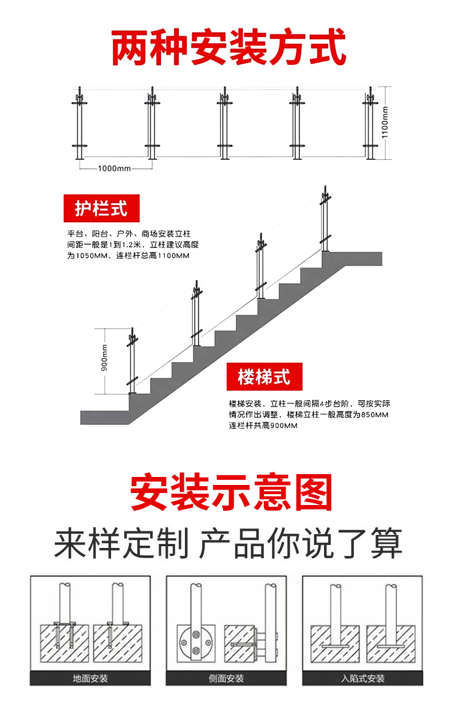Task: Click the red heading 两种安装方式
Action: [228, 49]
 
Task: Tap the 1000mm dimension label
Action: [114, 168]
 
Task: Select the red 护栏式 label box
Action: [101, 208]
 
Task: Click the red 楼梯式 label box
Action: [264, 377]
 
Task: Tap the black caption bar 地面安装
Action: [90, 679]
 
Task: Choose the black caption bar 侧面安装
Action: [226, 679]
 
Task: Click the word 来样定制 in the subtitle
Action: [121, 543]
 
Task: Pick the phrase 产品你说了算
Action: [301, 543]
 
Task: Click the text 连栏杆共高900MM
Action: [264, 426]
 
